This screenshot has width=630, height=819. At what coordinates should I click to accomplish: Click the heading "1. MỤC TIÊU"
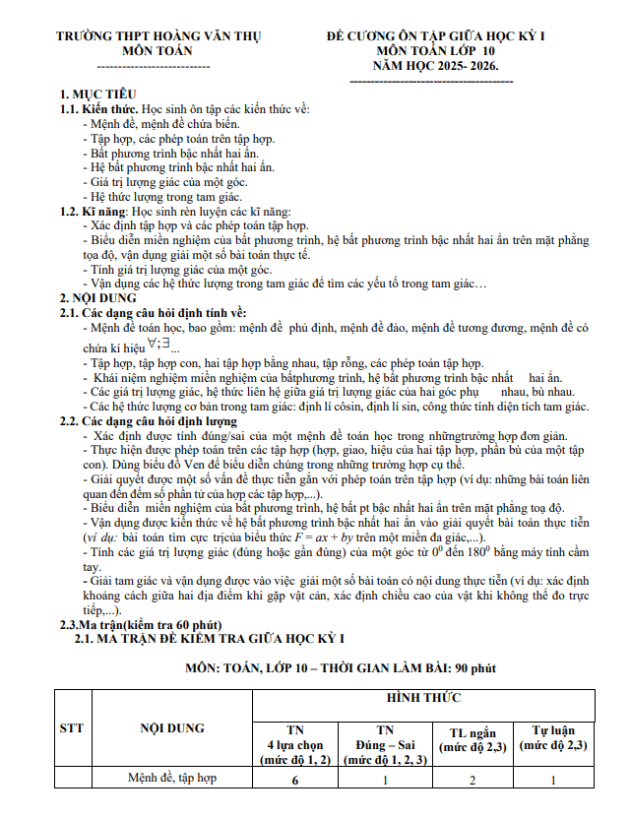tap(94, 94)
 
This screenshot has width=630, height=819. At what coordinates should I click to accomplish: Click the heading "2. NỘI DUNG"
tap(95, 298)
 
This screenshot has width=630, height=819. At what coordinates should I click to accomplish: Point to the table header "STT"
tap(71, 728)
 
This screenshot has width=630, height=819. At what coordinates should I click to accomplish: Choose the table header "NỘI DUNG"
tap(171, 728)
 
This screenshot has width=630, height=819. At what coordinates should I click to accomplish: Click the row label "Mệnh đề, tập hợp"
tap(172, 779)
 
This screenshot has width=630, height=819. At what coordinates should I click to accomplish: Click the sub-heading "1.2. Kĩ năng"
tap(95, 212)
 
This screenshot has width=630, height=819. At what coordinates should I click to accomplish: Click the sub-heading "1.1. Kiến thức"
tap(99, 106)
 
